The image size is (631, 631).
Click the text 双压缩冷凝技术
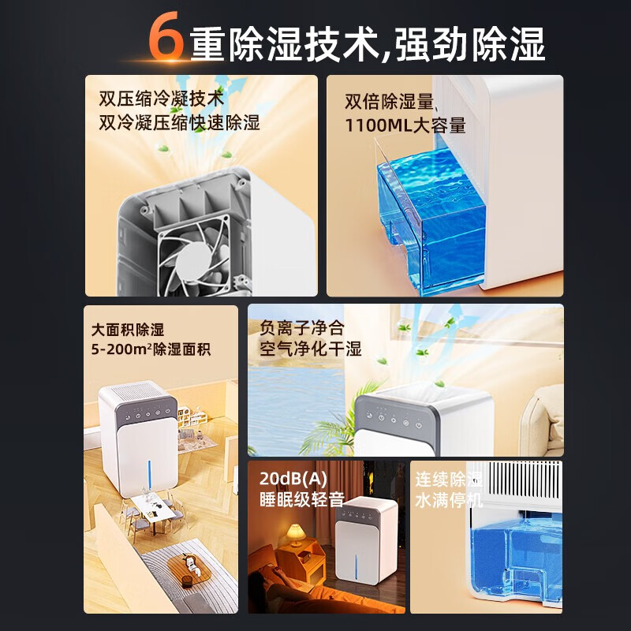click(x=162, y=100)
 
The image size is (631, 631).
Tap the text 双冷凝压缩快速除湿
click(x=179, y=123)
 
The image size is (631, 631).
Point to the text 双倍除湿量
click(x=390, y=102)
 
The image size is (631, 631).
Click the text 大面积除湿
click(x=128, y=329)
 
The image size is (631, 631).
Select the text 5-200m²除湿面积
click(x=151, y=349)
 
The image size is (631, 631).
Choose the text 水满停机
click(x=449, y=499)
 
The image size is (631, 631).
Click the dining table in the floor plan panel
click(x=153, y=503)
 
